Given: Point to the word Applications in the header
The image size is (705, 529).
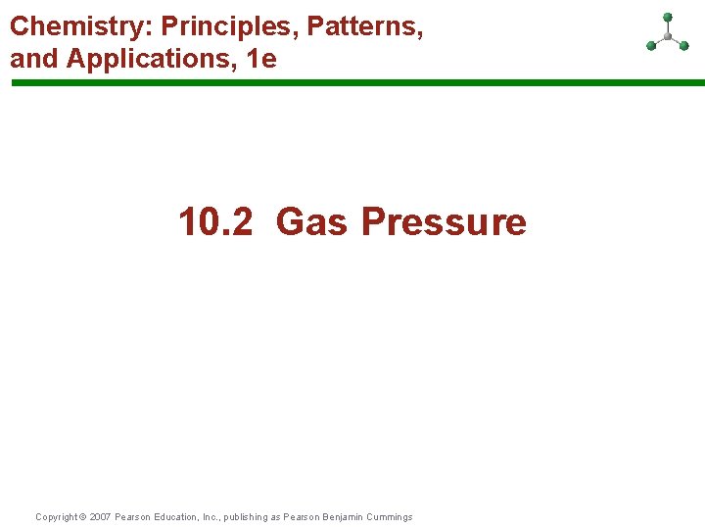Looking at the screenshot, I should click(152, 59).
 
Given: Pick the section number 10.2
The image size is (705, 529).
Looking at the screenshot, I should click(215, 221).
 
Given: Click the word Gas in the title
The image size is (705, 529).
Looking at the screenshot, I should click(312, 221).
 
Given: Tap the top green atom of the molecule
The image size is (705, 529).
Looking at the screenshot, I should click(668, 17).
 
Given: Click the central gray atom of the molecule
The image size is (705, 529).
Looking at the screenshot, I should click(668, 36).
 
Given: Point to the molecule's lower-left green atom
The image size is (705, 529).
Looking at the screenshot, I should click(651, 45).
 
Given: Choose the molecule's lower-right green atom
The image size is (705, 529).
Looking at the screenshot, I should click(683, 44).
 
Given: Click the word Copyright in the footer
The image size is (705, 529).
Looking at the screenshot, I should click(55, 517).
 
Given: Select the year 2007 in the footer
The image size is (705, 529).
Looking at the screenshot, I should click(100, 517).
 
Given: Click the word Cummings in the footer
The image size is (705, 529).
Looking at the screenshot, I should click(391, 517).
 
